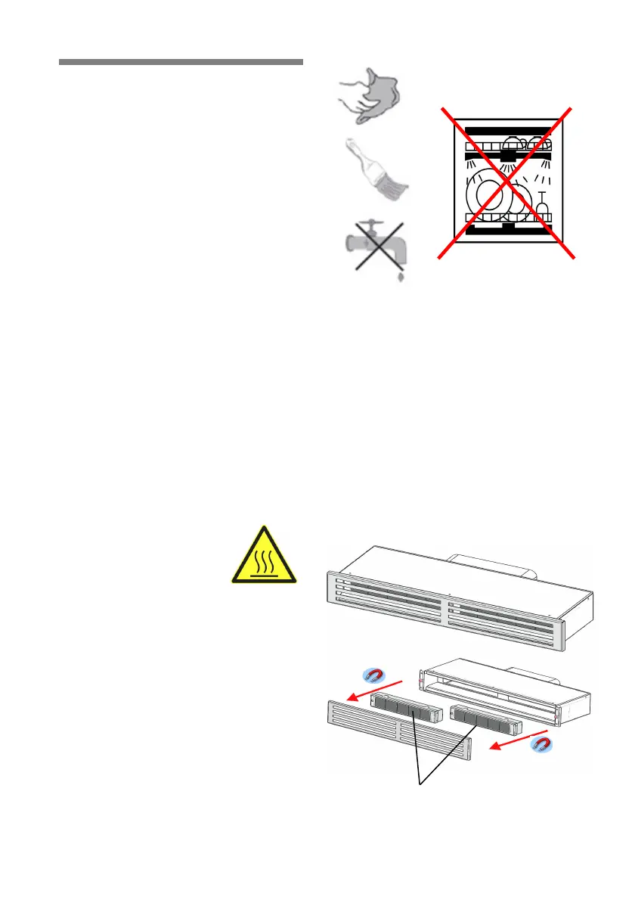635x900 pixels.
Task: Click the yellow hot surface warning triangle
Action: (264, 556)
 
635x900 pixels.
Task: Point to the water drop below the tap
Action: (401, 278)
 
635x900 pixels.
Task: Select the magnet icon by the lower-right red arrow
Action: (541, 745)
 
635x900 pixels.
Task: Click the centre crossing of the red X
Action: (506, 183)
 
